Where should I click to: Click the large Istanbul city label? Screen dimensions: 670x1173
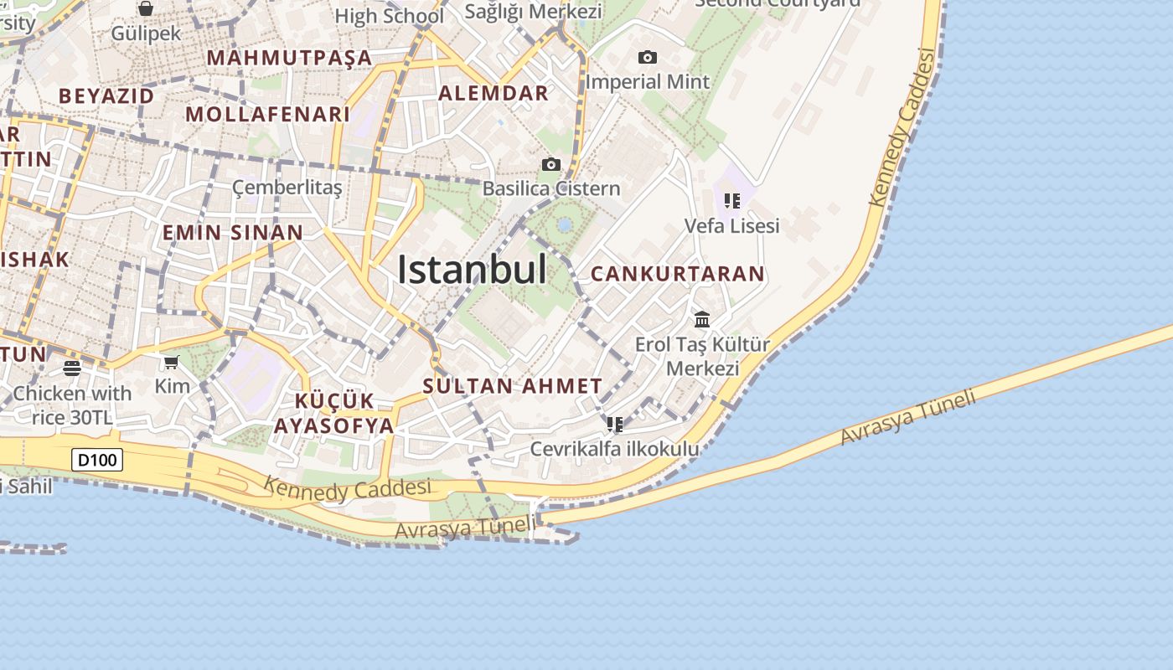(472, 270)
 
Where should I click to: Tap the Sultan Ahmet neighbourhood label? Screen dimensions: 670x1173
(512, 386)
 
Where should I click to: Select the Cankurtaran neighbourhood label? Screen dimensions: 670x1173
(677, 274)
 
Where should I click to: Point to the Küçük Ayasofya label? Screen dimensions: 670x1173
(333, 413)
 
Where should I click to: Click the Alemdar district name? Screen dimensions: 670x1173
(493, 93)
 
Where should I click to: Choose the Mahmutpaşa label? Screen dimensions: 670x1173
(289, 58)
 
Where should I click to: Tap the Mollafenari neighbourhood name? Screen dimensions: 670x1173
(267, 114)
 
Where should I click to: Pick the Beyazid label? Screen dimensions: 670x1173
(106, 95)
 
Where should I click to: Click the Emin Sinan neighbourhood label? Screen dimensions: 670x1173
(232, 232)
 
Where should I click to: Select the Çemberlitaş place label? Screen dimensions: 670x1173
(287, 187)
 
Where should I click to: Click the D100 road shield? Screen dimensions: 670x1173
(98, 460)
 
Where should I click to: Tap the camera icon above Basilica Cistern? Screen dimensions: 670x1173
(550, 164)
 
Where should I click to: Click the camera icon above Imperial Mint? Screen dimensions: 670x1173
(647, 57)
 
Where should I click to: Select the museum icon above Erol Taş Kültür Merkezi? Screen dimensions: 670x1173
(702, 319)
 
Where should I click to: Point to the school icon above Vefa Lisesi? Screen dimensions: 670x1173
(732, 201)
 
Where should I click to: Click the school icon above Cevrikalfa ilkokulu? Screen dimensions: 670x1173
(615, 425)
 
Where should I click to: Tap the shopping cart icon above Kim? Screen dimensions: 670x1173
(172, 362)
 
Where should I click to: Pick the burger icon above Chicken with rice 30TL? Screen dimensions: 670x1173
(72, 368)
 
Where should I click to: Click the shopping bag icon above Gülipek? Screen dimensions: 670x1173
(146, 9)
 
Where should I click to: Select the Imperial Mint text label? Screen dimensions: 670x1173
(647, 82)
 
